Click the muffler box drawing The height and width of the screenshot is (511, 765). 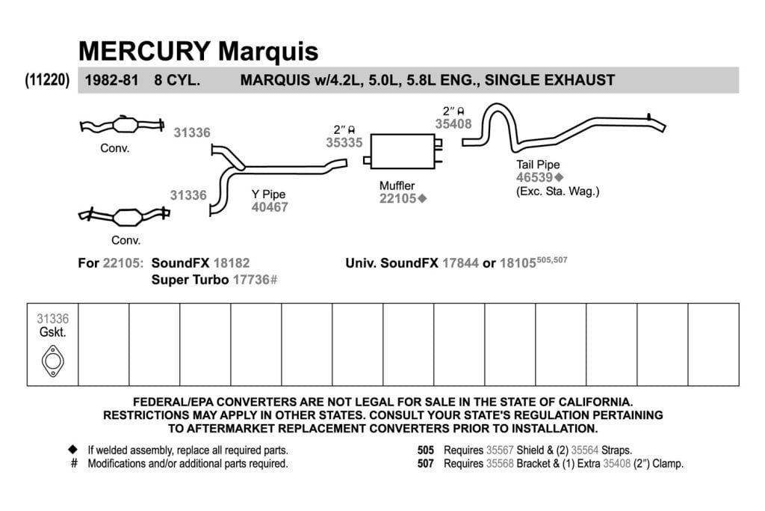(x=403, y=151)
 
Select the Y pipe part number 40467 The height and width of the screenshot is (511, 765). (x=270, y=207)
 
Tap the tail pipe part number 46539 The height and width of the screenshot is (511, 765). (x=534, y=177)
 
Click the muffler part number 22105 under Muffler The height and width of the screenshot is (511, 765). (x=397, y=198)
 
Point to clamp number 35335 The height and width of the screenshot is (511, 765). (x=344, y=143)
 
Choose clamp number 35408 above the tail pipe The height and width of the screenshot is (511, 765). (x=453, y=124)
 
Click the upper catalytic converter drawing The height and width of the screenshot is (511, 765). (x=122, y=125)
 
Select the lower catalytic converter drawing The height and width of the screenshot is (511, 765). (x=125, y=216)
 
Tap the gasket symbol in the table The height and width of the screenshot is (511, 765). (x=53, y=361)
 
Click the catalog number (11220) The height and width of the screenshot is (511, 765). (x=47, y=79)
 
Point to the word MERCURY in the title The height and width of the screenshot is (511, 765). (x=144, y=51)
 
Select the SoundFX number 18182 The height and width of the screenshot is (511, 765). (x=232, y=263)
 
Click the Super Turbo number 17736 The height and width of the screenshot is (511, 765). (x=251, y=279)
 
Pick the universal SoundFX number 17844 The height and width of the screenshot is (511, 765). (x=460, y=263)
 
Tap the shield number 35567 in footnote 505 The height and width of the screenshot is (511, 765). (x=500, y=450)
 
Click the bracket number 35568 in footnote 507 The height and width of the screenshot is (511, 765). (x=500, y=463)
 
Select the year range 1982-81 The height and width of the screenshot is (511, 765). (x=112, y=80)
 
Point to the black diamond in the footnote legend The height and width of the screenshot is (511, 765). (x=73, y=449)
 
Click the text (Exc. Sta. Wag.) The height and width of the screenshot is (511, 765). (x=557, y=192)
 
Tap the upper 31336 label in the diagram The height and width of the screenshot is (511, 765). (x=192, y=132)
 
